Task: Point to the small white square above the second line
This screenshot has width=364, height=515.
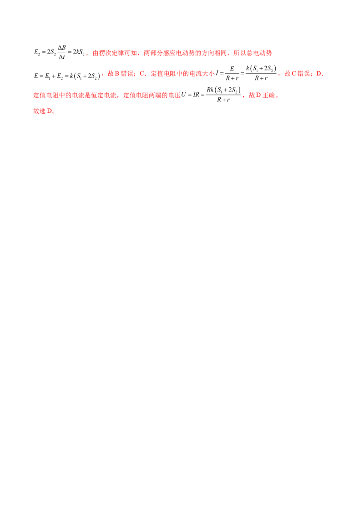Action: coord(249,64)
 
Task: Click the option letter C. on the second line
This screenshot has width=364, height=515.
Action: coord(142,75)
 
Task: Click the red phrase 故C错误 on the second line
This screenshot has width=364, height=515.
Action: coord(298,75)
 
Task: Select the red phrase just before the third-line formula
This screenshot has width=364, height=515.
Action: coord(152,96)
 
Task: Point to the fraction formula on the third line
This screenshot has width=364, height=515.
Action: coord(213,94)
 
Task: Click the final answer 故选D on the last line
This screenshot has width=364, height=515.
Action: coord(44,111)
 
